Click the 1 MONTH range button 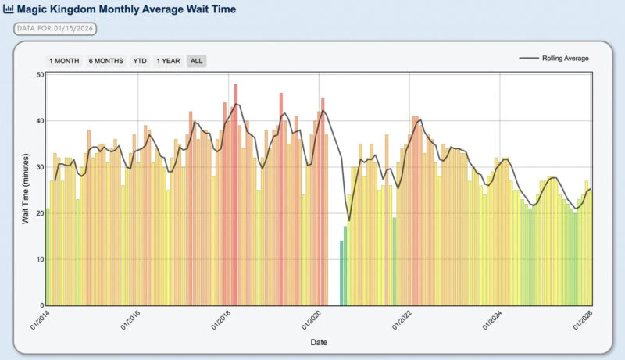point(64,61)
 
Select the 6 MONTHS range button point(105,61)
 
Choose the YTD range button point(140,61)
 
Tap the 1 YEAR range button point(168,61)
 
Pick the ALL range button point(197,61)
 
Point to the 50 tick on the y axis point(39,75)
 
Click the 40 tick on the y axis point(39,121)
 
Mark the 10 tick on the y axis point(39,259)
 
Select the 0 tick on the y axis point(41,305)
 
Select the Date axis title point(318,342)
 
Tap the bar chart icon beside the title point(9,10)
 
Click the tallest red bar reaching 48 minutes point(236,194)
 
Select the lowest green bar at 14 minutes point(341,273)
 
